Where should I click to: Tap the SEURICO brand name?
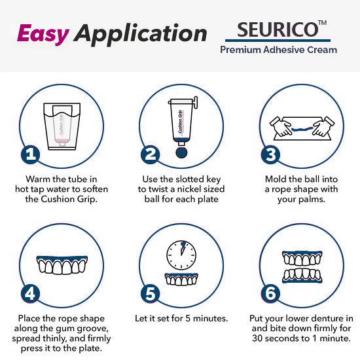(x=274, y=30)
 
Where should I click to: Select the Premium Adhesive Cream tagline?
(x=278, y=50)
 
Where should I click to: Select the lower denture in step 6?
(x=300, y=274)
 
